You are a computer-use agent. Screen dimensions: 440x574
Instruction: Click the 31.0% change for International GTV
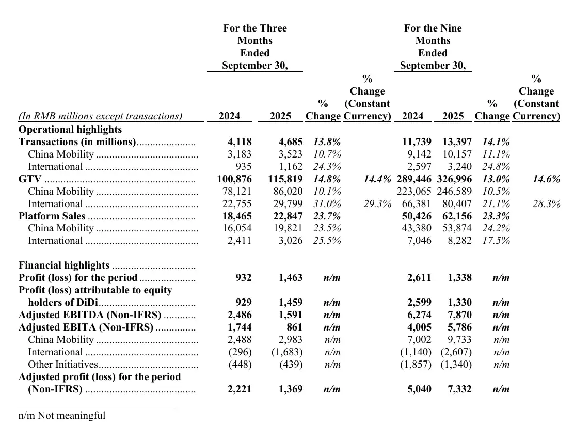(x=327, y=204)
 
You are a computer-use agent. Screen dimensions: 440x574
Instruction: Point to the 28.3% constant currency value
(x=546, y=204)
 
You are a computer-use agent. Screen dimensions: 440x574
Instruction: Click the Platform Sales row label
(x=52, y=216)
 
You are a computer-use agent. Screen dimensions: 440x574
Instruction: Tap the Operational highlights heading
(x=70, y=130)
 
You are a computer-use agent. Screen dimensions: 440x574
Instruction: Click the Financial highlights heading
(x=64, y=265)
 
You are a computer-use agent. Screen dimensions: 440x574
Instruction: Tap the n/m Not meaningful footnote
(x=62, y=416)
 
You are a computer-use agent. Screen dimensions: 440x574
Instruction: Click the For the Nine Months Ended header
(x=433, y=46)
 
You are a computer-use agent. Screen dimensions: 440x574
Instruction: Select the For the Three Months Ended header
(x=255, y=46)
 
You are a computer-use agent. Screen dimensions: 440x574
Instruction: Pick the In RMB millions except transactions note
(x=100, y=116)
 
